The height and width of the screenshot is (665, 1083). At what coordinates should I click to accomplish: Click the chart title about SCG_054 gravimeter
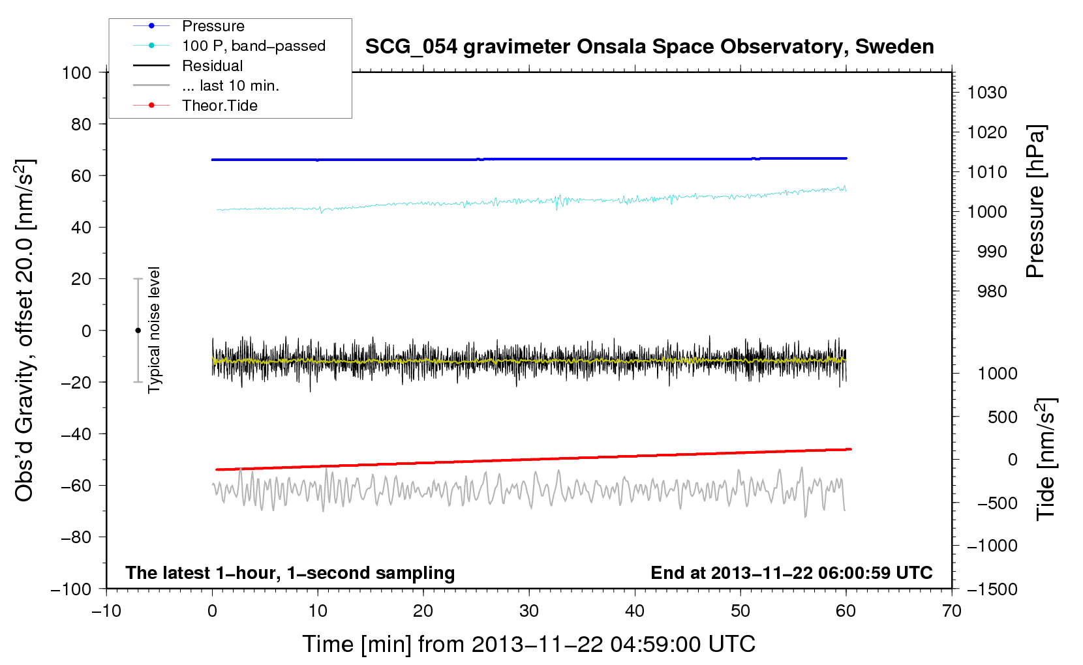(649, 47)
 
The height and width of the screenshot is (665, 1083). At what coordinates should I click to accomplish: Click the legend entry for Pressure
(213, 26)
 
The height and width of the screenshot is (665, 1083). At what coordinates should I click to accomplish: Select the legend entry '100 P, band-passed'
(253, 46)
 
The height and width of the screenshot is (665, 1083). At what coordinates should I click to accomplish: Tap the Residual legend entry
(212, 66)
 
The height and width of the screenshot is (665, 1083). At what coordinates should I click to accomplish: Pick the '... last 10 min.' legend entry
(230, 85)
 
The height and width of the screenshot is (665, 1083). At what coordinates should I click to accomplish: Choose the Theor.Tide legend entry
(219, 106)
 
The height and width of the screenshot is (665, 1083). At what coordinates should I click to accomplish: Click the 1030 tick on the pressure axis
(987, 93)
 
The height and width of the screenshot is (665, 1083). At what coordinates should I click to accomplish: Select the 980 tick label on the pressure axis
(992, 291)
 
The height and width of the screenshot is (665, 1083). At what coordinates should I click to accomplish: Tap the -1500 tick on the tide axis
(992, 589)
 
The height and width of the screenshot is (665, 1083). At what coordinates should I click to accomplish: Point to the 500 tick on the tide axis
(1002, 417)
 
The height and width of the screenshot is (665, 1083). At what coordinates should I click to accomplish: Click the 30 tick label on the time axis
(529, 611)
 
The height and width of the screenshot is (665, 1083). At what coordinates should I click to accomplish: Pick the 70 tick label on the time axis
(952, 611)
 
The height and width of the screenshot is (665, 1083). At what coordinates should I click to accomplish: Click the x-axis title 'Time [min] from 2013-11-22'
(528, 644)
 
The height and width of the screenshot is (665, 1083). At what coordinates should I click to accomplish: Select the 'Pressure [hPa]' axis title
(1035, 202)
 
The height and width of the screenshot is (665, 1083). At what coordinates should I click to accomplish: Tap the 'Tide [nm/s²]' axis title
(1046, 460)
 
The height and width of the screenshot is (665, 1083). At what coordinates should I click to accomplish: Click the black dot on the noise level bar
(138, 331)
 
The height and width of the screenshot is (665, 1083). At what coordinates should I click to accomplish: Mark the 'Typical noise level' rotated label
(154, 330)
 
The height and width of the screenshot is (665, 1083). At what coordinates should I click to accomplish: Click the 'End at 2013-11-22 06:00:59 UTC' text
(791, 572)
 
